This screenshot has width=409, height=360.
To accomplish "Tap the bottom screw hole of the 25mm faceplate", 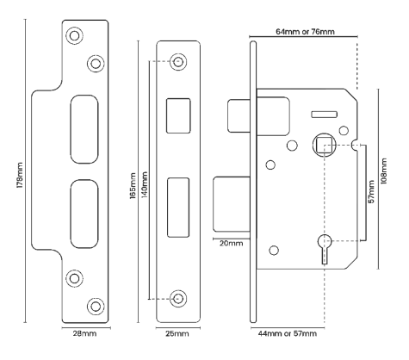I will pos(179,298).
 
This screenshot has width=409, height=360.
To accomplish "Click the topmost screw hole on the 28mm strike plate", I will pos(74,36).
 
